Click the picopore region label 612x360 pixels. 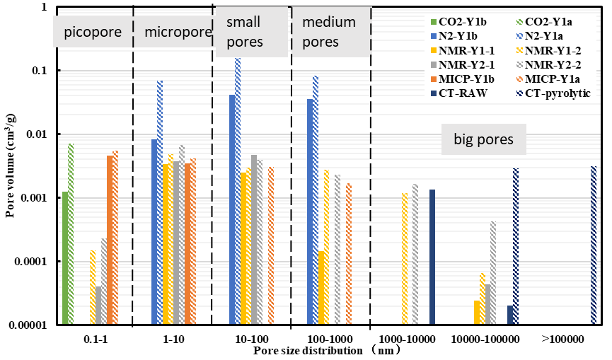[x=93, y=33]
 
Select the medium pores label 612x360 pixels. [x=330, y=33]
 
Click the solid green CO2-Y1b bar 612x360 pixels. [x=65, y=257]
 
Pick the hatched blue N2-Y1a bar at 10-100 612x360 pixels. [x=238, y=191]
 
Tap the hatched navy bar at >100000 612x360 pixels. [x=594, y=245]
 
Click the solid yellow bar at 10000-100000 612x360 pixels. [x=476, y=313]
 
